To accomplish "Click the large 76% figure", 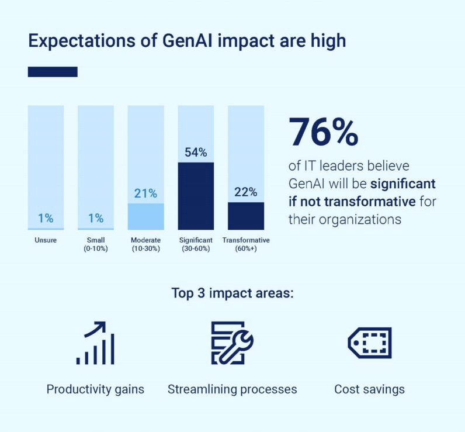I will point(324,132).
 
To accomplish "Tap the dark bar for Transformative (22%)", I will point(246,216).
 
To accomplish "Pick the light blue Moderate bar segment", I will point(146,216).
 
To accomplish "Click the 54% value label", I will point(196,153).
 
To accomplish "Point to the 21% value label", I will point(146,193).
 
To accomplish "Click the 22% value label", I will point(246,192).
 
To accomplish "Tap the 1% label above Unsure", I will point(46,219).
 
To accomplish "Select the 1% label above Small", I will point(96,219).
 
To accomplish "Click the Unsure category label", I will point(46,240).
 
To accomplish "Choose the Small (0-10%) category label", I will point(96,244).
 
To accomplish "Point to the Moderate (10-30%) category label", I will point(146,244).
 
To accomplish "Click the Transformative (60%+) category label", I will point(246,244).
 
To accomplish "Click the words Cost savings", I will point(369,389).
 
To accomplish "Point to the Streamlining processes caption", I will point(232,389).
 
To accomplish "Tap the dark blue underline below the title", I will point(53,72).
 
